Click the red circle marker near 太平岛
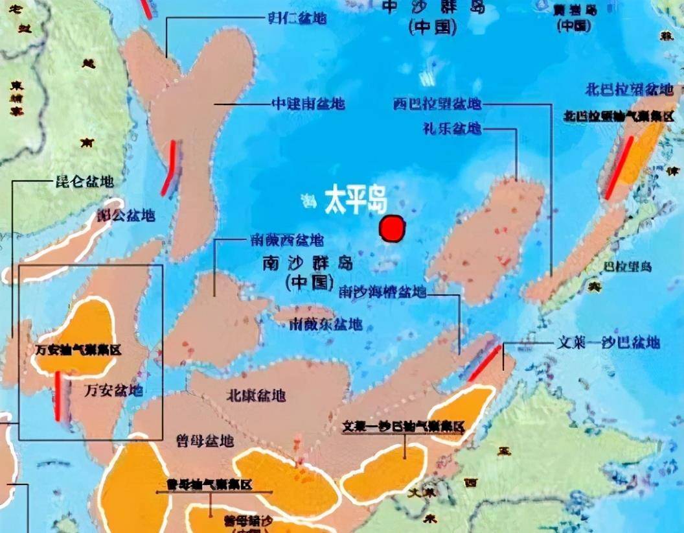393,229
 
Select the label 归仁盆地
297,18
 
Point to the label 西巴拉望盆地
437,104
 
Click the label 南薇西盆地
286,241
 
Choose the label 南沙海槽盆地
383,292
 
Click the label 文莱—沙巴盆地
609,343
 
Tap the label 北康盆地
256,396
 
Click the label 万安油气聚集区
79,349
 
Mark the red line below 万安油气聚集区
59,396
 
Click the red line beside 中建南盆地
169,168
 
